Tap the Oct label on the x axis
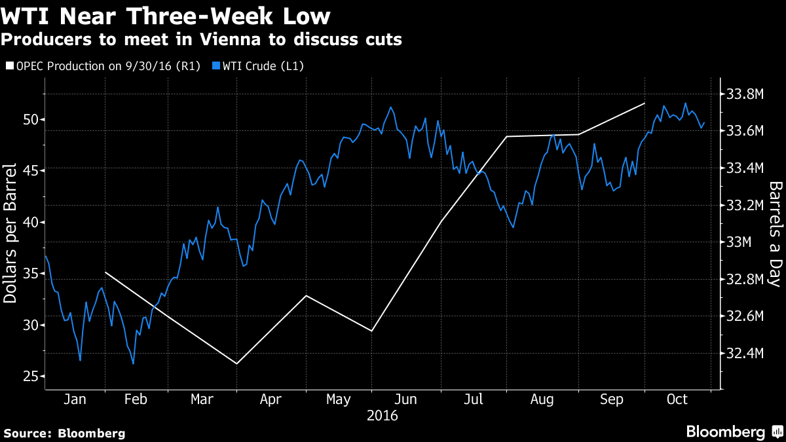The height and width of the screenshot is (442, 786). (x=677, y=399)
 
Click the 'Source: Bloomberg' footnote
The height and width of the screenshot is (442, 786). (x=65, y=433)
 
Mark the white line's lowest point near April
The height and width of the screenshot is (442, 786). (x=236, y=363)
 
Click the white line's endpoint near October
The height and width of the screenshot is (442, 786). (x=645, y=103)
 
